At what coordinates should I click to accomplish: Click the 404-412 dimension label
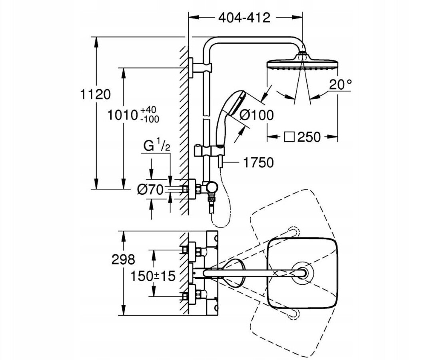(244, 18)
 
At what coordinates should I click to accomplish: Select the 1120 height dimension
(95, 94)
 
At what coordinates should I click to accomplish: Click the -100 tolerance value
(150, 119)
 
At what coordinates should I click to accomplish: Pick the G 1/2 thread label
(157, 146)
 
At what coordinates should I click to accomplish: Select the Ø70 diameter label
(150, 190)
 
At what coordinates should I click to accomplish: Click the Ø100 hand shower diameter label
(257, 115)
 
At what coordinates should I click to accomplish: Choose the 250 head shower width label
(309, 137)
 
